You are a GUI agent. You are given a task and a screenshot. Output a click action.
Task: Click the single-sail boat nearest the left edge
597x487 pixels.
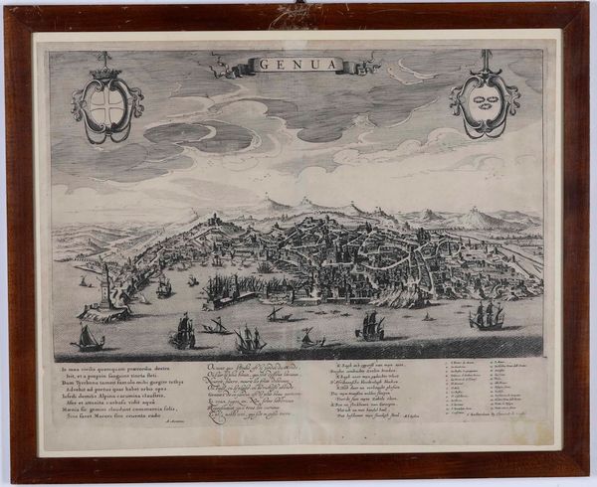click(89, 339)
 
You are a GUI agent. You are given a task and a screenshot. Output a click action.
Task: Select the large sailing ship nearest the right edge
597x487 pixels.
click(488, 316)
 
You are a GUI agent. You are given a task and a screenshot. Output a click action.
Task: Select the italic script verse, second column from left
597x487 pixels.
click(262, 390)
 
